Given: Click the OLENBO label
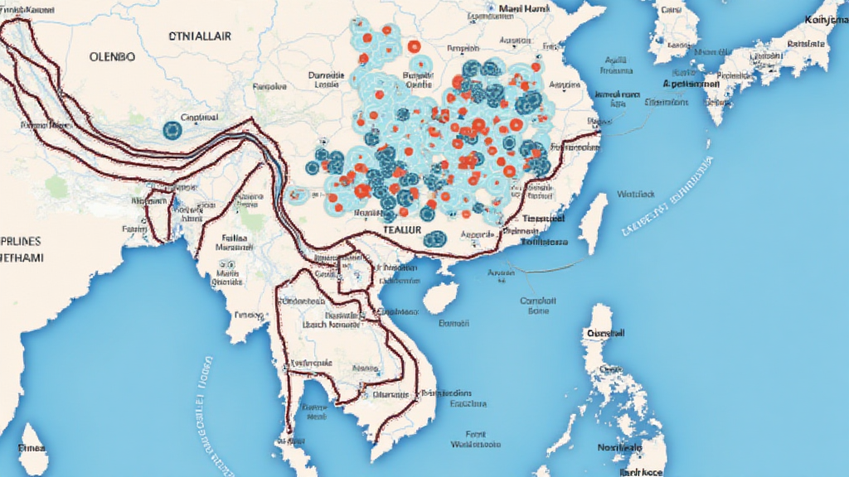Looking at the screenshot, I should click(x=113, y=58).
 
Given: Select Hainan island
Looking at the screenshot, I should click(x=441, y=296).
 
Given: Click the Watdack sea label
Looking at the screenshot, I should click(x=636, y=195).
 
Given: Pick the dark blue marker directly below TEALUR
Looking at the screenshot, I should click(x=434, y=239).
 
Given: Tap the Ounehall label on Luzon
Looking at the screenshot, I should click(x=608, y=332).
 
